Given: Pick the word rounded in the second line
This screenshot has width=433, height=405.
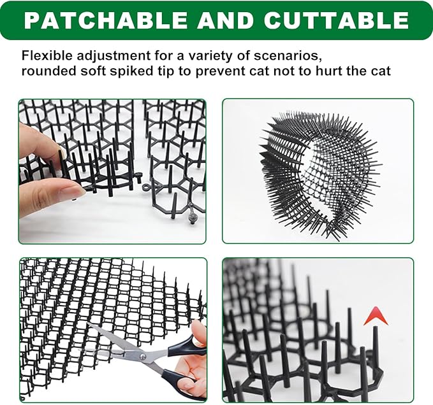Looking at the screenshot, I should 47,71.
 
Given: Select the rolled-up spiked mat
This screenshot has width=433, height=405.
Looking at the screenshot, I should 319,172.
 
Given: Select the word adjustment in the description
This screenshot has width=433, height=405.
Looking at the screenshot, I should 105,55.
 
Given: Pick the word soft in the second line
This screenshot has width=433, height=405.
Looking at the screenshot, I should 91,71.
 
